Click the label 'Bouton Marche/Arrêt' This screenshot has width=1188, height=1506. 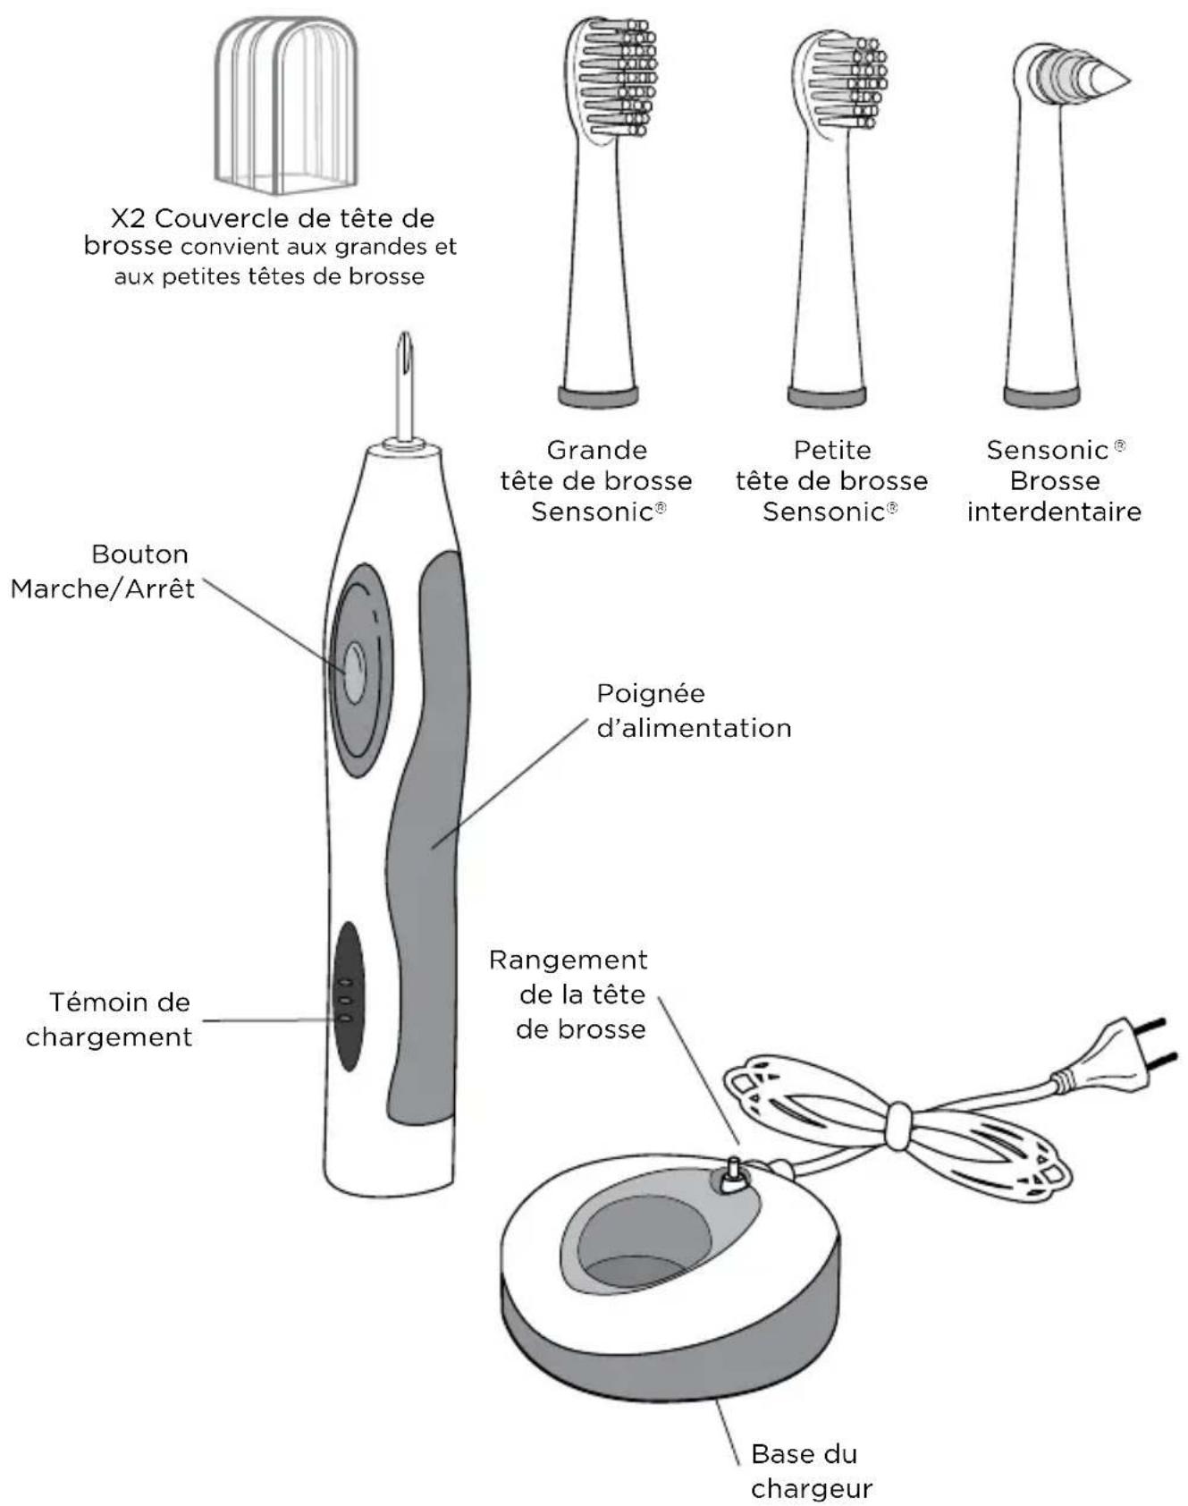pyautogui.click(x=103, y=571)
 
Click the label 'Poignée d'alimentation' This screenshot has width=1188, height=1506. pyautogui.click(x=694, y=711)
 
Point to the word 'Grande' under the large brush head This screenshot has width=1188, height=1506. pyautogui.click(x=596, y=450)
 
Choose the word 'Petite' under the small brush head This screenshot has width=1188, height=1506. pyautogui.click(x=831, y=450)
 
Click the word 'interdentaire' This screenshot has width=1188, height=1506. pyautogui.click(x=1054, y=512)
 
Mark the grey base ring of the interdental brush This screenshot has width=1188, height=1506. pyautogui.click(x=1041, y=396)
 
